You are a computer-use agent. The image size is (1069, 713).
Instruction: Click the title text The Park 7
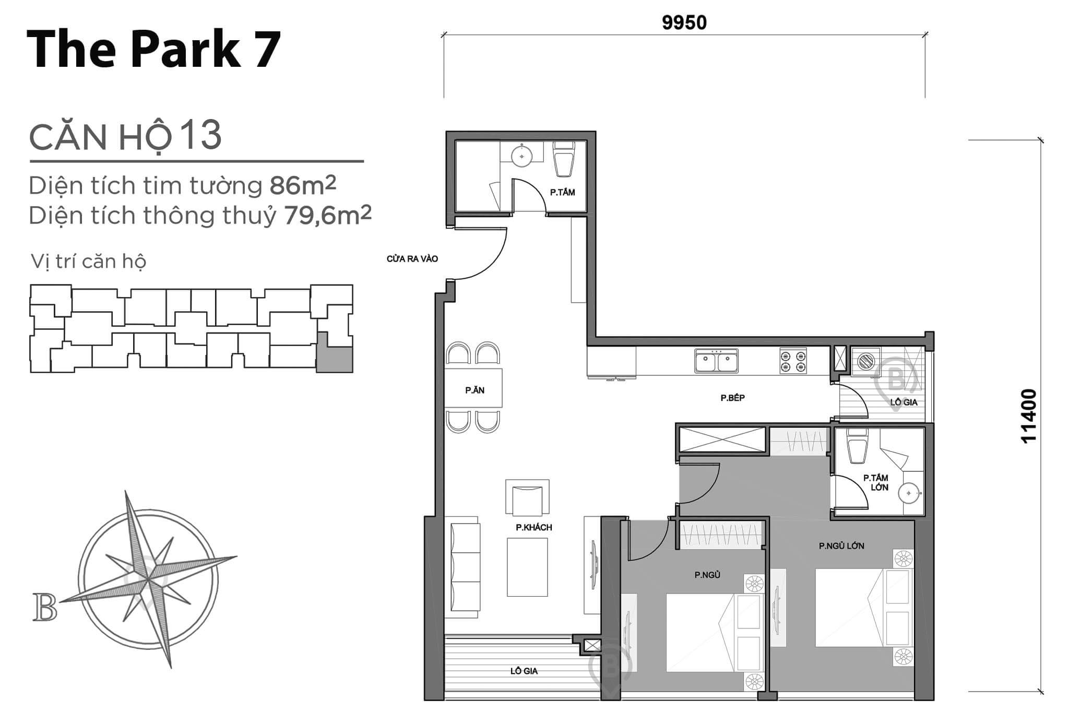pos(153,50)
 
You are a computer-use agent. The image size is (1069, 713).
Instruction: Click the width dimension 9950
pos(684,23)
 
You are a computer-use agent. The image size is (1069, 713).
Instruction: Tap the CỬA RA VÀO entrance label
pos(412,259)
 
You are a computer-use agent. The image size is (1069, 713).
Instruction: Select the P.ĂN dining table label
pos(474,390)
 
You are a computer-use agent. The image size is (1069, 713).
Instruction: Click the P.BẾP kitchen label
pos(732,398)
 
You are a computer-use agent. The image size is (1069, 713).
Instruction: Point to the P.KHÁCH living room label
pos(533,527)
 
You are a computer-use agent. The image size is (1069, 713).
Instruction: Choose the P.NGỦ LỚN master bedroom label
pos(841,546)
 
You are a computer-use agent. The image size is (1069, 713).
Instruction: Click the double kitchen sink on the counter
pos(716,361)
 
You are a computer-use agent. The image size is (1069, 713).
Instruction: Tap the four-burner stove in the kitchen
pos(793,361)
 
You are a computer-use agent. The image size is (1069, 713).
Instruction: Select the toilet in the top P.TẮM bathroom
pos(563,160)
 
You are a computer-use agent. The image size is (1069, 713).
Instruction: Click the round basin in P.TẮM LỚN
pos(910,492)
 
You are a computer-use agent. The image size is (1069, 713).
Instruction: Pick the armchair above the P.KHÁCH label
pos(527,498)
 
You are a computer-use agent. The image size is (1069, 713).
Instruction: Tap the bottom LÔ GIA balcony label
pos(524,671)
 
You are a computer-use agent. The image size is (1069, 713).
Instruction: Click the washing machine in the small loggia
pos(866,361)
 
